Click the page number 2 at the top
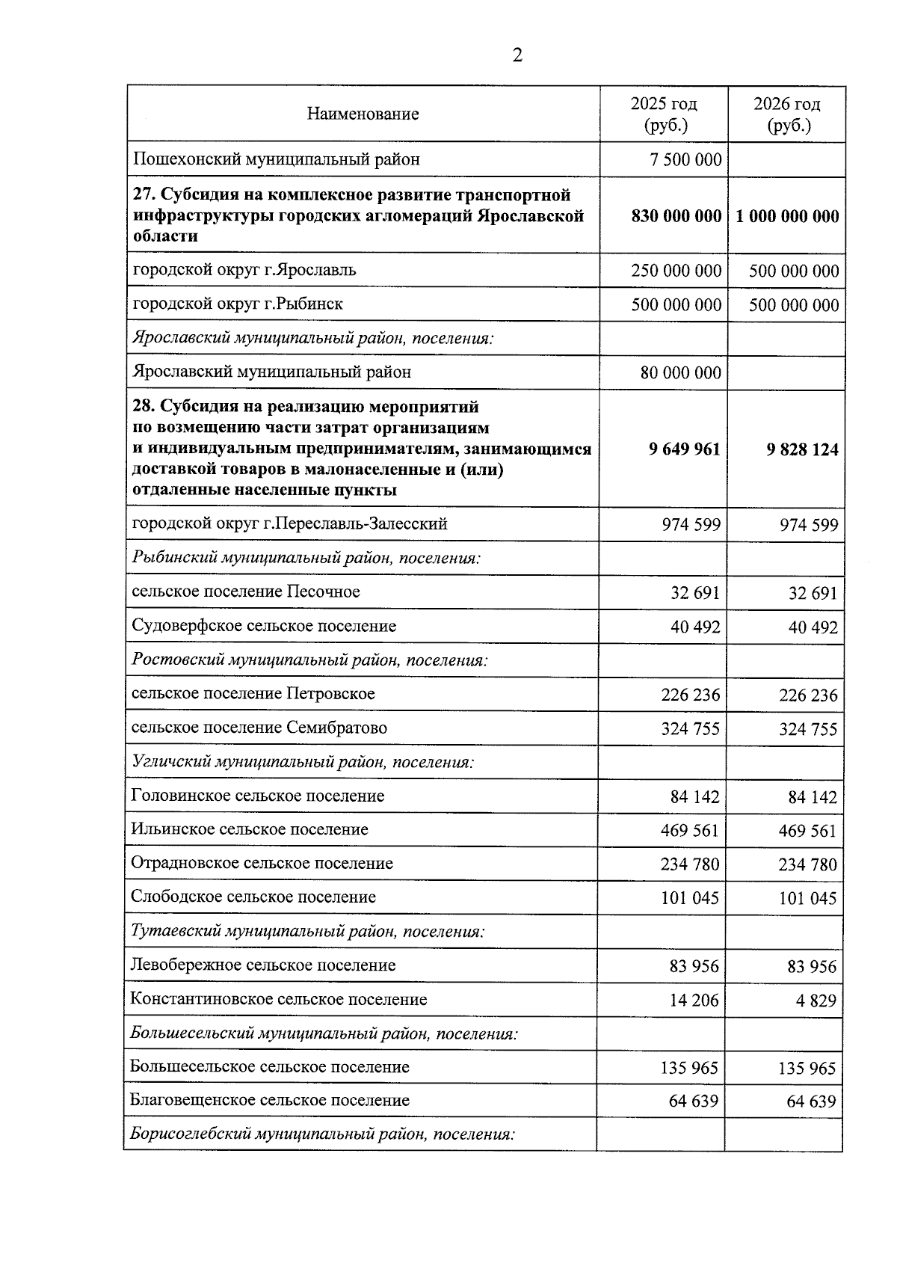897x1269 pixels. click(517, 55)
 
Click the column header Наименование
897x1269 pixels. click(363, 114)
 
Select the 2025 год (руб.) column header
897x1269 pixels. click(664, 114)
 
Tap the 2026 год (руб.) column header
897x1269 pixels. click(786, 114)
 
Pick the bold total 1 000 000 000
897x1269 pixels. click(786, 217)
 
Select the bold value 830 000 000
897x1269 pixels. click(676, 217)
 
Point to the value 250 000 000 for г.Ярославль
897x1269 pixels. click(676, 271)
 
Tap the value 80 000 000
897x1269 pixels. click(681, 373)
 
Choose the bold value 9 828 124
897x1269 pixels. click(802, 450)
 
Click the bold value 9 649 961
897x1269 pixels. click(685, 449)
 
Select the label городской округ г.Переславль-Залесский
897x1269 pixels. click(289, 524)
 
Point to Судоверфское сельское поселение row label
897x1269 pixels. click(264, 627)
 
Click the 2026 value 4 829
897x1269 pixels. click(817, 1001)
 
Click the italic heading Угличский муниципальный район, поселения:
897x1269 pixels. click(302, 763)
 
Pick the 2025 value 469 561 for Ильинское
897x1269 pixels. click(689, 831)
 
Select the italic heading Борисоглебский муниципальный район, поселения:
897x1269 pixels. click(322, 1134)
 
